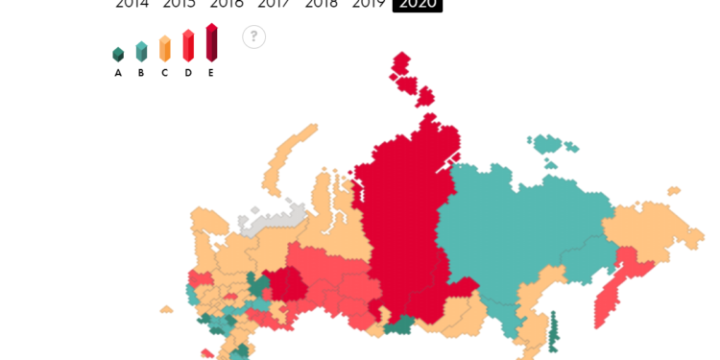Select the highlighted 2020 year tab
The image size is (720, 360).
pyautogui.click(x=418, y=4)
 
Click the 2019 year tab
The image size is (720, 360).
pyautogui.click(x=369, y=4)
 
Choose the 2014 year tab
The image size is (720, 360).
pyautogui.click(x=132, y=4)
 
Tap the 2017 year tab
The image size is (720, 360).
pyautogui.click(x=274, y=4)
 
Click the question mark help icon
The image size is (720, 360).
pyautogui.click(x=253, y=36)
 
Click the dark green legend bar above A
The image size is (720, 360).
pyautogui.click(x=118, y=55)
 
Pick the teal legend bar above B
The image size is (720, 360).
pyautogui.click(x=141, y=52)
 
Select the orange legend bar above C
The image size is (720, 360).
pyautogui.click(x=164, y=48)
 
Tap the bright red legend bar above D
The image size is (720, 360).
pyautogui.click(x=188, y=45)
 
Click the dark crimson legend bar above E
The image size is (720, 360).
pyautogui.click(x=211, y=42)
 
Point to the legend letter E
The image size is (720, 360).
pyautogui.click(x=211, y=73)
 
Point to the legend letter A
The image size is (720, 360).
pyautogui.click(x=118, y=73)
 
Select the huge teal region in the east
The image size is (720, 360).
pyautogui.click(x=528, y=230)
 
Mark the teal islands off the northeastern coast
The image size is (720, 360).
pyautogui.click(x=548, y=144)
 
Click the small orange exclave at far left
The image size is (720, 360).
pyautogui.click(x=166, y=309)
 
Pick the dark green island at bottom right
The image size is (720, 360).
pyautogui.click(x=553, y=331)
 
